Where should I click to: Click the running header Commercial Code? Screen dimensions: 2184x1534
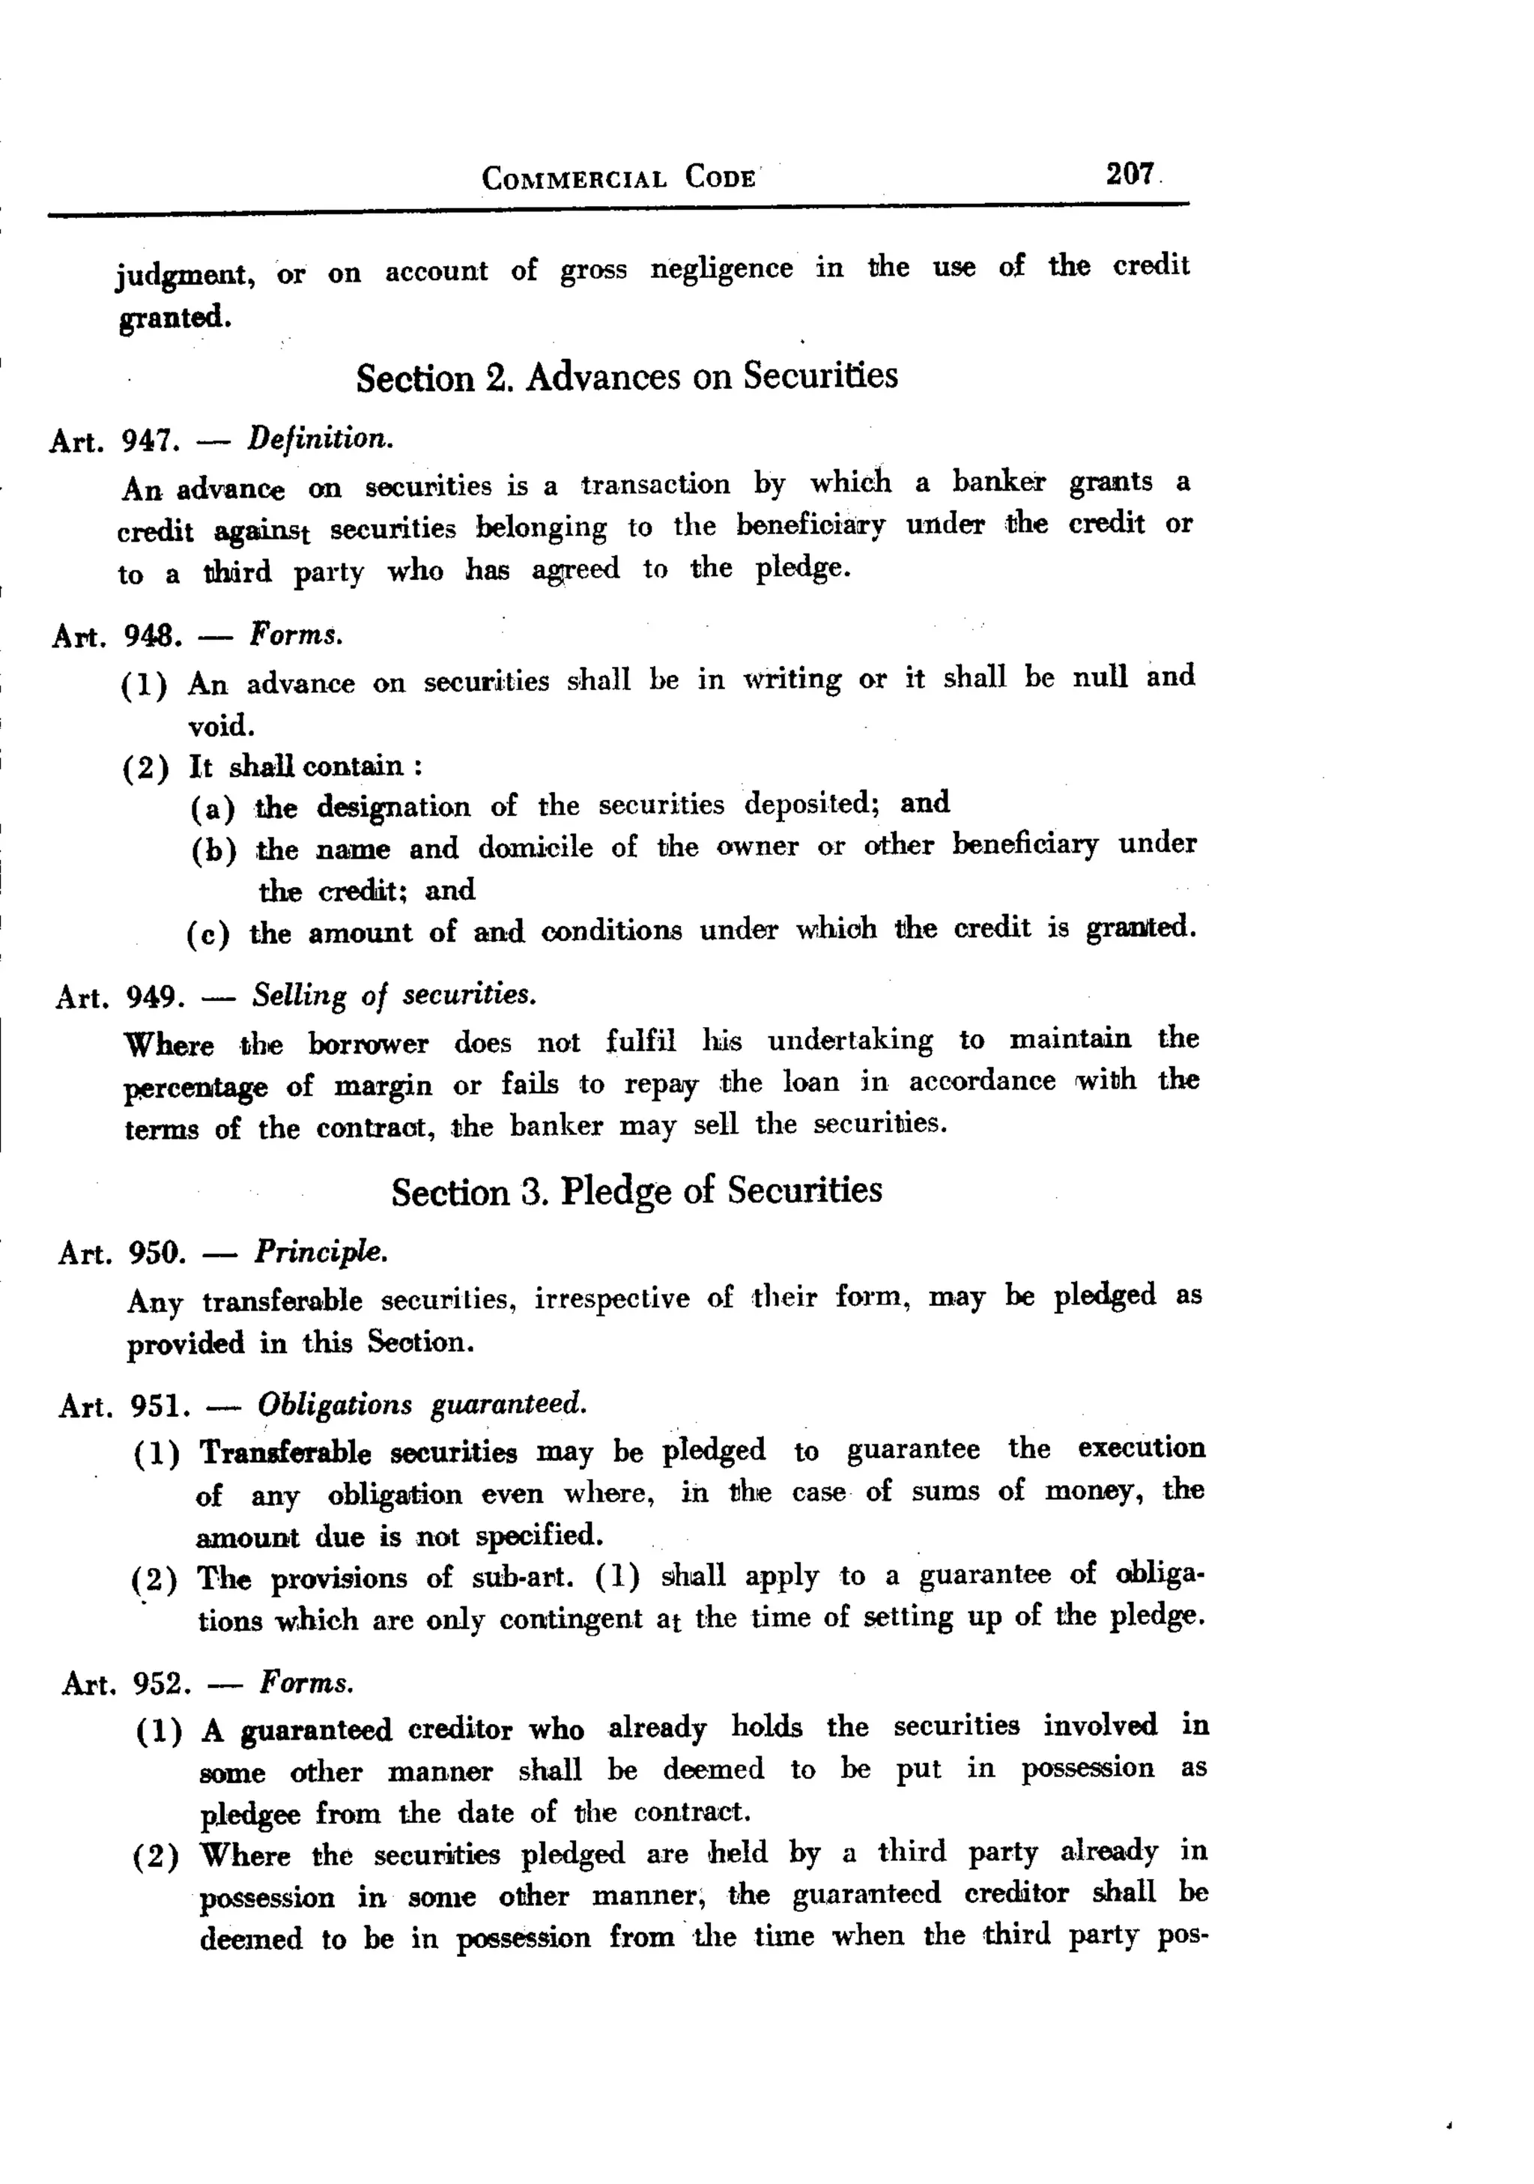point(619,178)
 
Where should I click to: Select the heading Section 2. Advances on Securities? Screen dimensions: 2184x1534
point(627,377)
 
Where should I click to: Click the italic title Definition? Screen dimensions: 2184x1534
point(320,438)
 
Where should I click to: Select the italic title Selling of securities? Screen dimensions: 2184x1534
point(394,995)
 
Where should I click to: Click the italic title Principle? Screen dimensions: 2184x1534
point(321,1252)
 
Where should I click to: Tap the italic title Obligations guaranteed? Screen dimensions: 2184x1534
point(421,1404)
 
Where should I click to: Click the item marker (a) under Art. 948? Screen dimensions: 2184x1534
point(213,808)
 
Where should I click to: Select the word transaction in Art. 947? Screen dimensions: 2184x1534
point(655,484)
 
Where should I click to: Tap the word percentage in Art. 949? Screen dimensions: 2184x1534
point(196,1087)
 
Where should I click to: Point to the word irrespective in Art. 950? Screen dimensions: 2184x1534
point(611,1299)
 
